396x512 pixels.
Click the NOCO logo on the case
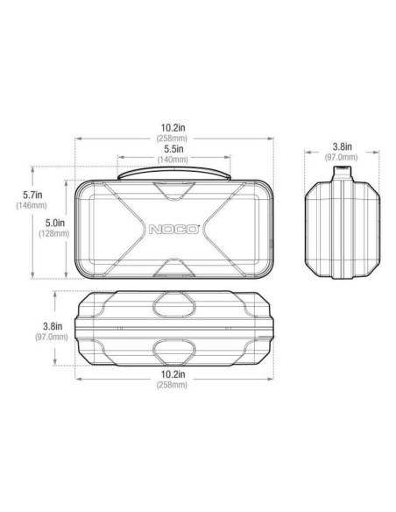[x=175, y=231]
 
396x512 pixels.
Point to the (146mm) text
[x=32, y=205]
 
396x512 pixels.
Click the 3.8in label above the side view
[x=343, y=146]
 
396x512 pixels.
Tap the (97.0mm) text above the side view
[x=343, y=157]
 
